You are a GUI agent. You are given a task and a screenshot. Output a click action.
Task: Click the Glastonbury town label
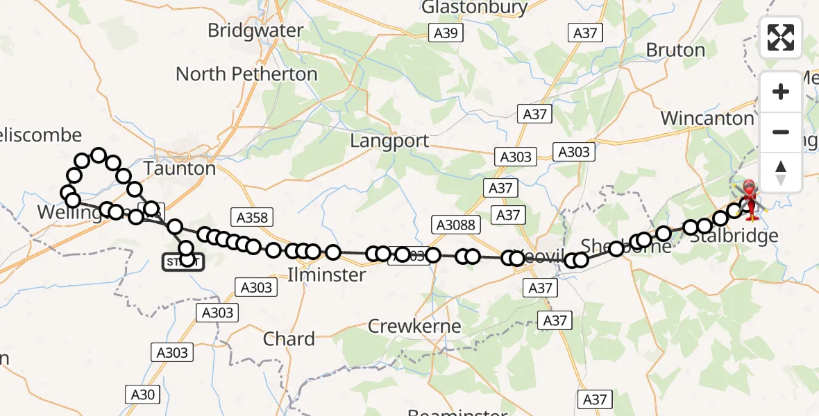(475, 8)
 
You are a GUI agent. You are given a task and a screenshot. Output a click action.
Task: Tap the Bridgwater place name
(255, 31)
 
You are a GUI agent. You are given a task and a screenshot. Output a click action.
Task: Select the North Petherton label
(246, 74)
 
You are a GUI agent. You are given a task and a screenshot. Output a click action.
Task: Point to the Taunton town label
(179, 168)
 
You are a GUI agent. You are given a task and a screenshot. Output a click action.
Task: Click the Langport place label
(389, 141)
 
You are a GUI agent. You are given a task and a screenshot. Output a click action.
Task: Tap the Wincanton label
(707, 119)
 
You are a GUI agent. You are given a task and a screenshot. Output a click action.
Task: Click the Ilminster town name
(326, 275)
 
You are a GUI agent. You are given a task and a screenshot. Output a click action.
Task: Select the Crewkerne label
(414, 326)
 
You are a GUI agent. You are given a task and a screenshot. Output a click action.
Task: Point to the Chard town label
(289, 339)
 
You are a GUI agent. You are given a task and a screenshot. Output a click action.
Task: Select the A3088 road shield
(455, 225)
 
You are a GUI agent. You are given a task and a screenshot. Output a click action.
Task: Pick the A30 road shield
(142, 395)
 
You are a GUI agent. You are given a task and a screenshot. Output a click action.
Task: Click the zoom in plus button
(781, 92)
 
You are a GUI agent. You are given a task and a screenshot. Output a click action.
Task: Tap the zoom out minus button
(781, 132)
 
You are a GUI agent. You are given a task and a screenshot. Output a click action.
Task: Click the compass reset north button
(781, 172)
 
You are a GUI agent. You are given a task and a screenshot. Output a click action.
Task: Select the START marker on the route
(183, 262)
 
